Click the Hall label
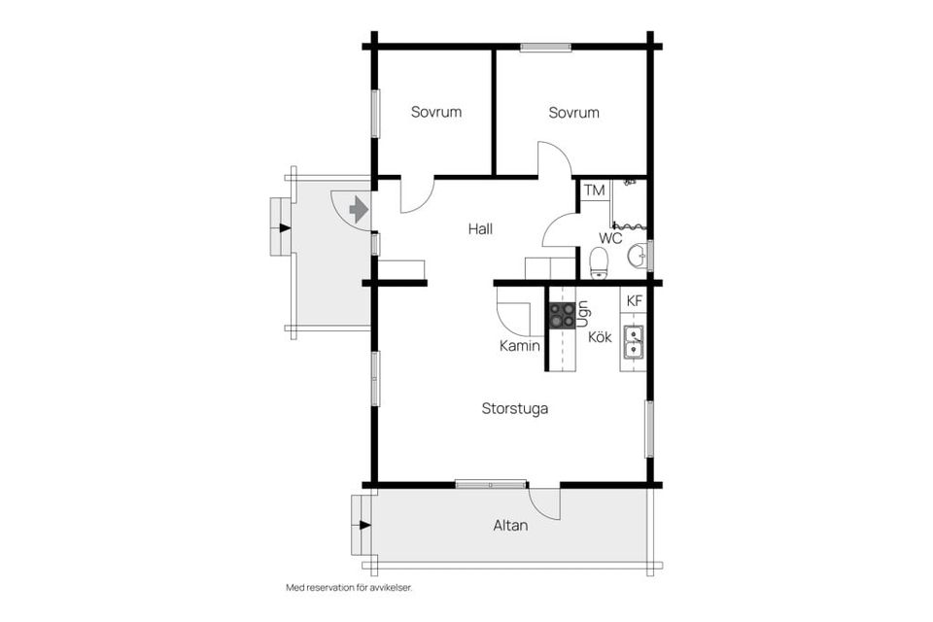pyautogui.click(x=480, y=228)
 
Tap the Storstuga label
pyautogui.click(x=515, y=409)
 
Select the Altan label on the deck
pyautogui.click(x=510, y=526)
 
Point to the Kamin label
pyautogui.click(x=520, y=345)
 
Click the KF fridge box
pyautogui.click(x=635, y=301)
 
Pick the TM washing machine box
pyautogui.click(x=594, y=190)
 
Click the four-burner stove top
pyautogui.click(x=562, y=316)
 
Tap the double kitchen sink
pyautogui.click(x=633, y=342)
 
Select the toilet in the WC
pyautogui.click(x=598, y=263)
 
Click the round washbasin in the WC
pyautogui.click(x=638, y=256)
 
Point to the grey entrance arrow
pyautogui.click(x=358, y=209)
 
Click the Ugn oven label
pyautogui.click(x=583, y=314)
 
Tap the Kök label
pyautogui.click(x=600, y=337)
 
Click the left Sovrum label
pyautogui.click(x=436, y=112)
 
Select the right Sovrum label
pyautogui.click(x=573, y=113)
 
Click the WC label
pyautogui.click(x=610, y=239)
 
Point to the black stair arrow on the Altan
pyautogui.click(x=365, y=525)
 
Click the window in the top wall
pyautogui.click(x=545, y=48)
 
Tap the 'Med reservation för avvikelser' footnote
pyautogui.click(x=349, y=587)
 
